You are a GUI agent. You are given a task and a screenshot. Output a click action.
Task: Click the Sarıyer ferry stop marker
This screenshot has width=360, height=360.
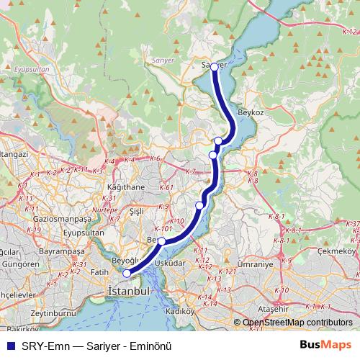214,66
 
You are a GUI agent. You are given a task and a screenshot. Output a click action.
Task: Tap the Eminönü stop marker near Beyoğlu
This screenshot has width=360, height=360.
127,273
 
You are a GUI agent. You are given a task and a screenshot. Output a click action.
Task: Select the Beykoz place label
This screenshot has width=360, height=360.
252,114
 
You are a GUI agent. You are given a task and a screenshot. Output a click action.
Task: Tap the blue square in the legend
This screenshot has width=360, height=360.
9,346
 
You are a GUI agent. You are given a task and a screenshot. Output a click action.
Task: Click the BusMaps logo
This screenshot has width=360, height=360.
325,346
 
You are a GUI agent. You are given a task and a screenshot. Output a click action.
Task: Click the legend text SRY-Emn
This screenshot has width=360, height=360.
41,346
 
